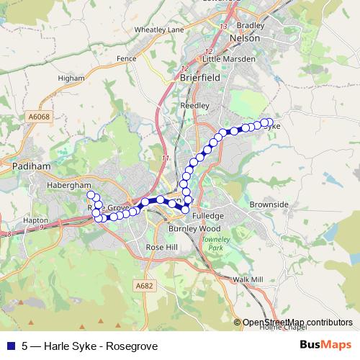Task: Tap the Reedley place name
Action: pyautogui.click(x=195, y=104)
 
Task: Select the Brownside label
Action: pyautogui.click(x=269, y=204)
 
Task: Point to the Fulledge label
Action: pyautogui.click(x=208, y=215)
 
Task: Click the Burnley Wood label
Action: pyautogui.click(x=188, y=228)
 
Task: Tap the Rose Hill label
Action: pyautogui.click(x=161, y=246)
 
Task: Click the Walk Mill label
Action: pyautogui.click(x=248, y=279)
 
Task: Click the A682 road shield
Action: pyautogui.click(x=145, y=286)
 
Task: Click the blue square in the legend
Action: pyautogui.click(x=10, y=345)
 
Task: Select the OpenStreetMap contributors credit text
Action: pyautogui.click(x=297, y=322)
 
